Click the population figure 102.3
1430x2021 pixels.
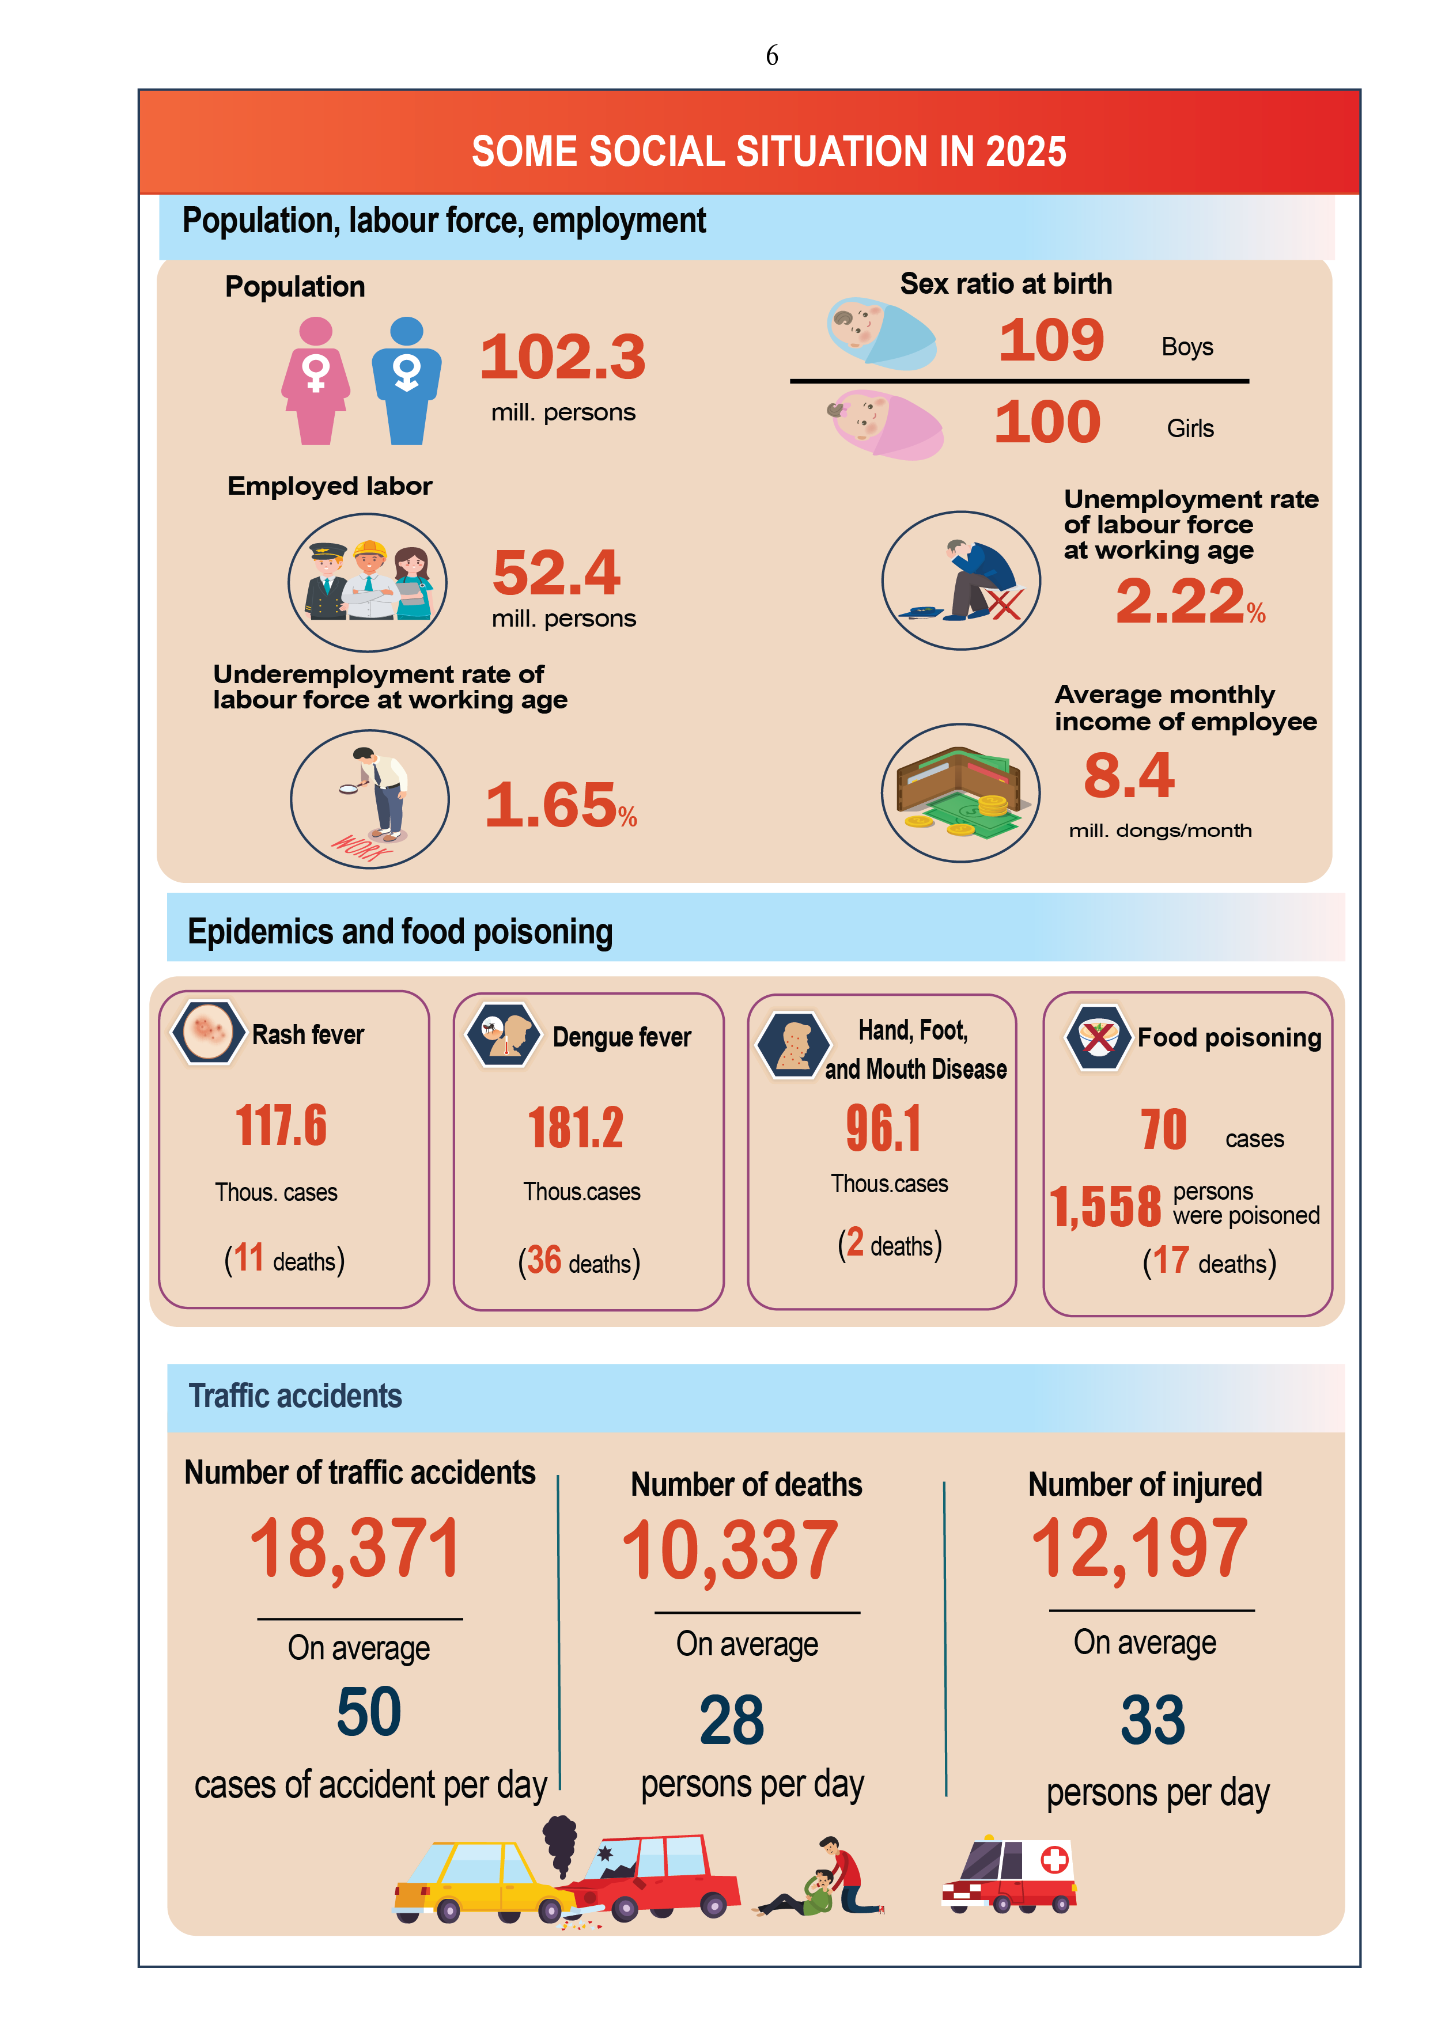pos(563,357)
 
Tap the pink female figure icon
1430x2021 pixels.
pos(315,381)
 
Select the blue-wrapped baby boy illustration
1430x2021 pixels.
pos(880,335)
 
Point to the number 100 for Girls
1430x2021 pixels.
pos(1047,423)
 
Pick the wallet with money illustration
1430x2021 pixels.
pos(960,792)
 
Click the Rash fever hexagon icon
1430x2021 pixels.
pos(208,1032)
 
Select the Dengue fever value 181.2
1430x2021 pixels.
pos(576,1128)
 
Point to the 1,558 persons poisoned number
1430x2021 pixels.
pos(1106,1207)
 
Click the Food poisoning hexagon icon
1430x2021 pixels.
pos(1098,1037)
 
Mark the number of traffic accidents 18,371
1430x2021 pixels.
pos(355,1549)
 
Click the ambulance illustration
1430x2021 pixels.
pos(1011,1875)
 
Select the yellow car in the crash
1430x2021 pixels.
pos(475,1879)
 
